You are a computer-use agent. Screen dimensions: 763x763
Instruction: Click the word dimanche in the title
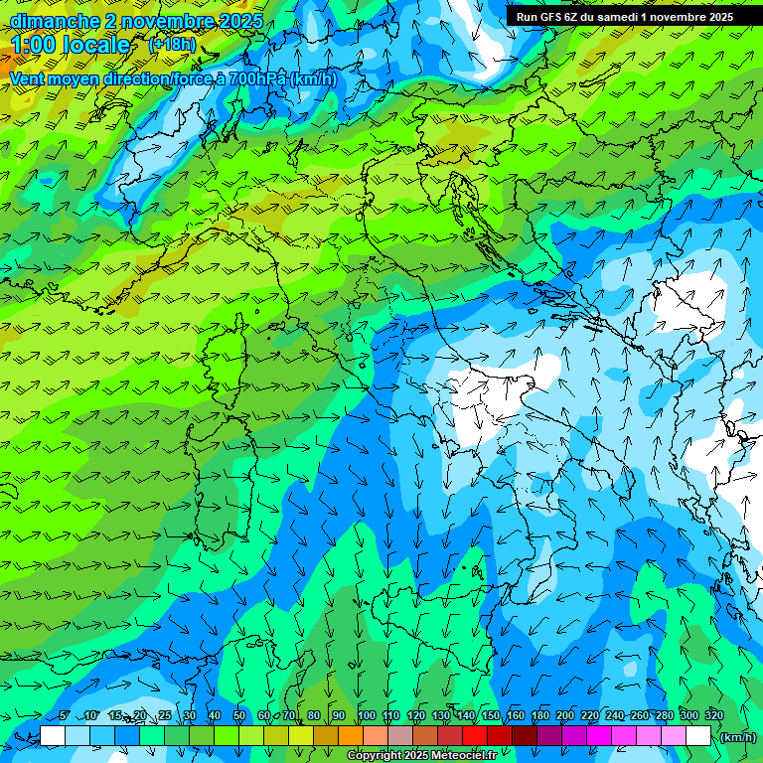tap(55, 20)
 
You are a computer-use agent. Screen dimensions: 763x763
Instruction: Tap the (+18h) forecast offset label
tap(172, 45)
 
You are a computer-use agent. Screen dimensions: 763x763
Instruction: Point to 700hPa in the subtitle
tap(253, 78)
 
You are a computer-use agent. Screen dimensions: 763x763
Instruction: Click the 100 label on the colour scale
tap(366, 715)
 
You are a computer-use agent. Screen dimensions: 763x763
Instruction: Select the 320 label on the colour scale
tap(713, 715)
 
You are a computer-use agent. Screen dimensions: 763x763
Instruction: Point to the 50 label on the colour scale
tap(239, 715)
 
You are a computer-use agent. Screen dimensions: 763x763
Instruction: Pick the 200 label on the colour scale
tap(565, 715)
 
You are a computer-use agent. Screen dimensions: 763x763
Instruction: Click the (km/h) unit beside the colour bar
tap(736, 736)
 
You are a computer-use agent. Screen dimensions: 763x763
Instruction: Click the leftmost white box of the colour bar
tap(53, 736)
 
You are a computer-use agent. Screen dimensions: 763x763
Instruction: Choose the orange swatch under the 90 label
tap(350, 736)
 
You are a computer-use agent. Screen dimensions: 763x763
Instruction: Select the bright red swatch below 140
tap(474, 736)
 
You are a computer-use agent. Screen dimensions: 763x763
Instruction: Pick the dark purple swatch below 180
tap(549, 736)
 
